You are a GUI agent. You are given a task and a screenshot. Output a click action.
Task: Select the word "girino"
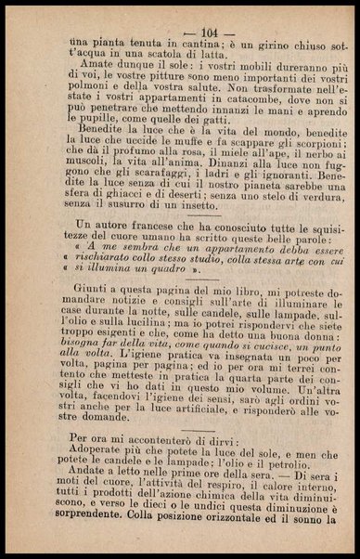coord(271,45)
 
